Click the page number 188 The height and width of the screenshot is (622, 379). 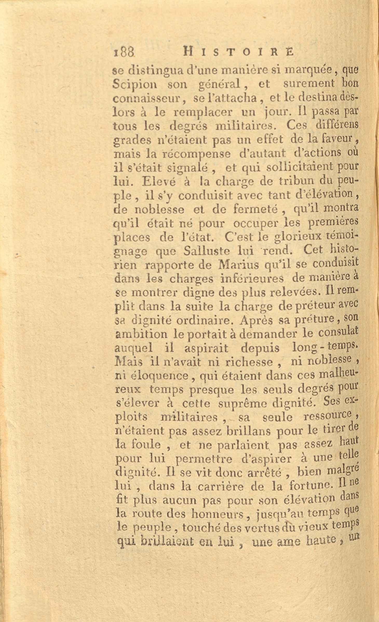tap(124, 52)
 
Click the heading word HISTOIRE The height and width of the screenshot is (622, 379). tap(238, 51)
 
